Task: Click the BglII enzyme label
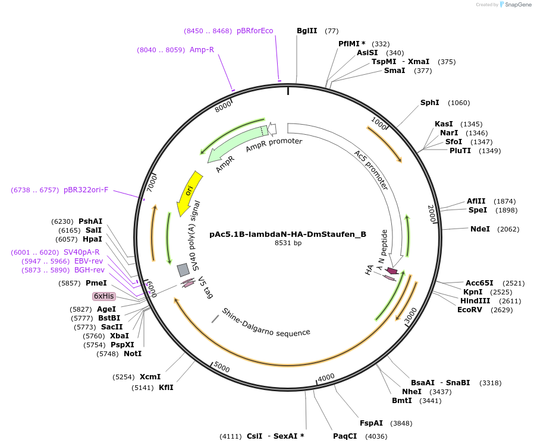point(307,31)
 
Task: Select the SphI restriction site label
point(430,103)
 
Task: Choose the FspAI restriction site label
point(371,423)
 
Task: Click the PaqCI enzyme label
point(345,436)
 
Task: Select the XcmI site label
point(150,377)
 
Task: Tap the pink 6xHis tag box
point(103,296)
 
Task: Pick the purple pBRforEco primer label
point(255,31)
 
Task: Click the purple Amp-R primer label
point(202,50)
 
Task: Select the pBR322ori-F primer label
point(86,190)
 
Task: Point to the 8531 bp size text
point(288,243)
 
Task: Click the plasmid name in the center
point(288,234)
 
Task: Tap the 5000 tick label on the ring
point(221,368)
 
